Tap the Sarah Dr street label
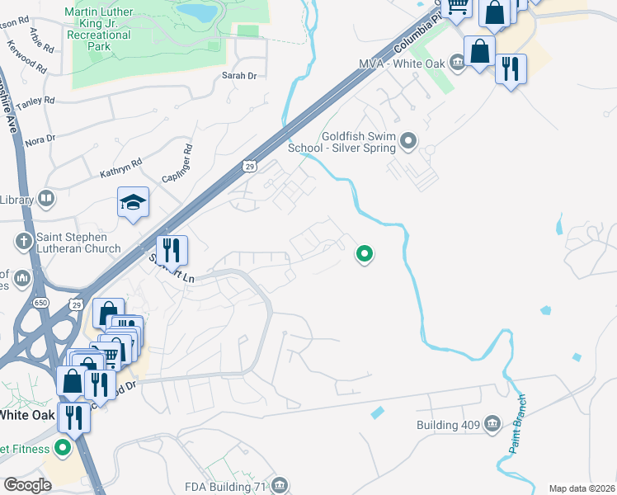pyautogui.click(x=240, y=76)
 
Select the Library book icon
pyautogui.click(x=47, y=199)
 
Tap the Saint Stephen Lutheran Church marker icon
pyautogui.click(x=22, y=242)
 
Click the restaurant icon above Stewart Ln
pyautogui.click(x=172, y=248)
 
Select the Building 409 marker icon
pyautogui.click(x=492, y=424)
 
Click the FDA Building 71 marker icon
pyautogui.click(x=280, y=484)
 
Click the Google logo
pyautogui.click(x=27, y=485)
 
